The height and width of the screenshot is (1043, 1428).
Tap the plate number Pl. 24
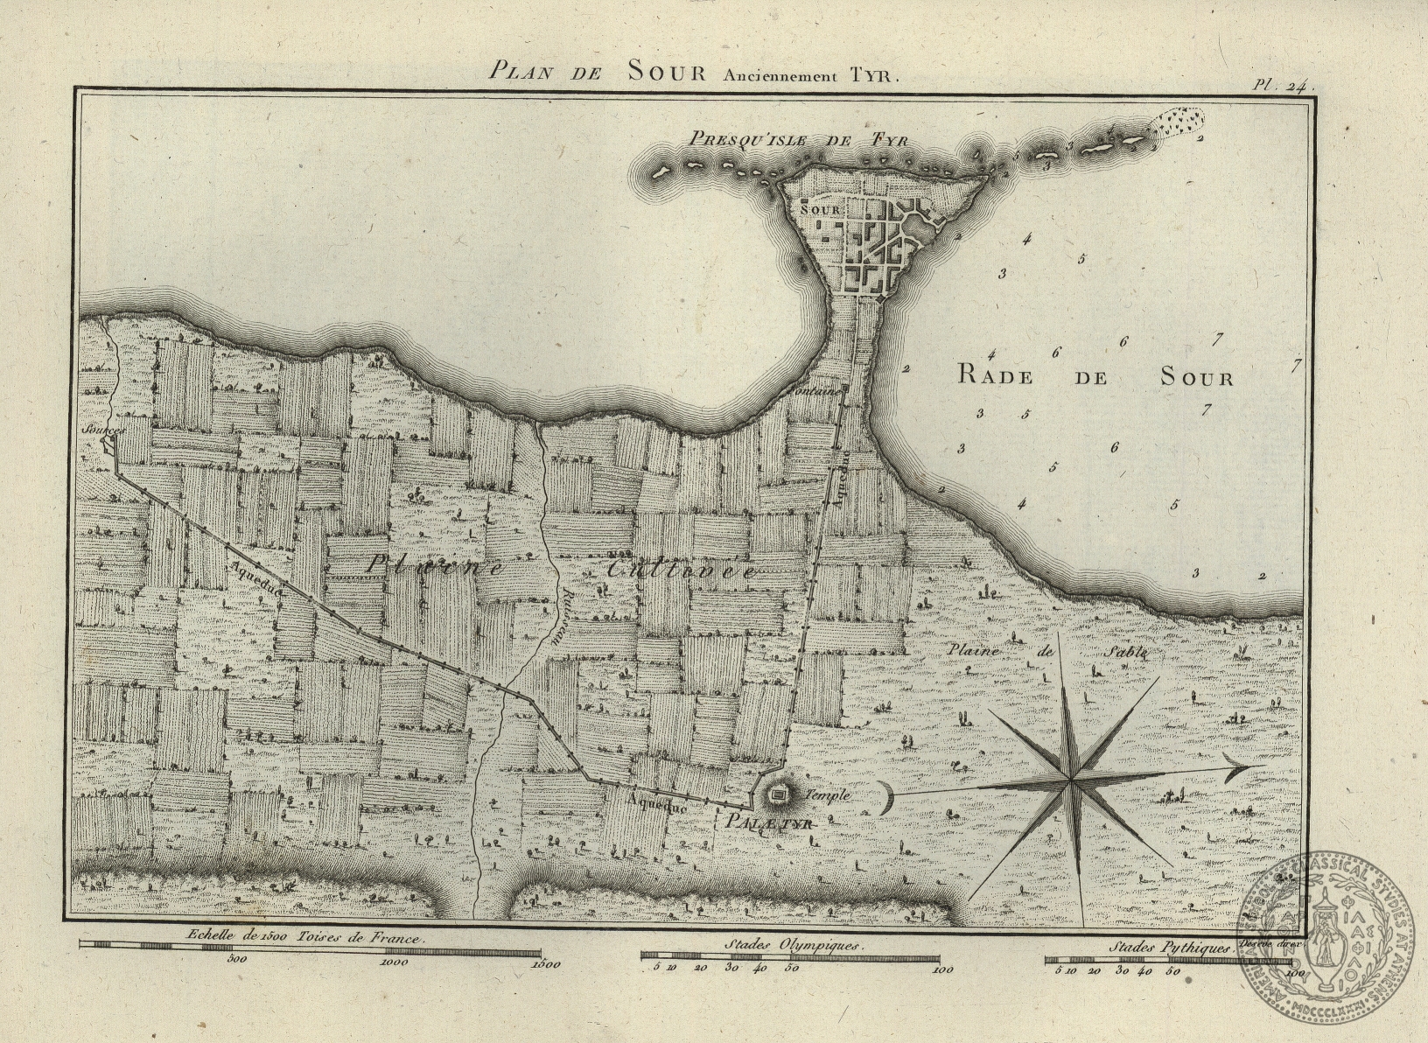tap(1278, 85)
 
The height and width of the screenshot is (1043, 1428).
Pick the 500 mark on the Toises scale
tap(237, 959)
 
